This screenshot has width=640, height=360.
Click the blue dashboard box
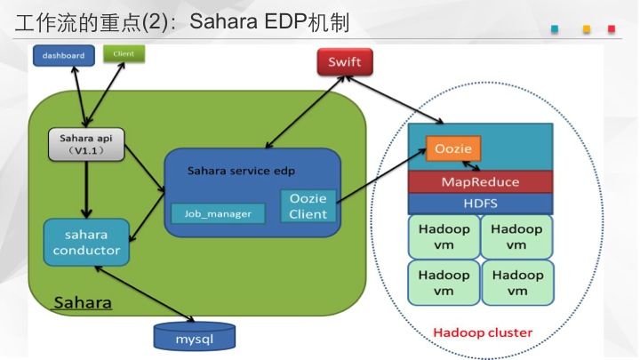pyautogui.click(x=64, y=55)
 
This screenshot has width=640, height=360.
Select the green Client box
pyautogui.click(x=124, y=54)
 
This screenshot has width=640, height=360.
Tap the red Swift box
pyautogui.click(x=345, y=61)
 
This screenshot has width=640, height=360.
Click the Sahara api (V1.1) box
pyautogui.click(x=86, y=145)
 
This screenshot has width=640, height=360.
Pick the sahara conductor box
pyautogui.click(x=86, y=243)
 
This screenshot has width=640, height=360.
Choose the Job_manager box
pyautogui.click(x=218, y=213)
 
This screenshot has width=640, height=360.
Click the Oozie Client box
pyautogui.click(x=308, y=206)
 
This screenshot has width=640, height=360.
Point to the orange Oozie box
pyautogui.click(x=453, y=148)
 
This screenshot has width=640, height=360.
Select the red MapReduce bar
pyautogui.click(x=480, y=181)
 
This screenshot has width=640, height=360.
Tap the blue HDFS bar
pyautogui.click(x=480, y=204)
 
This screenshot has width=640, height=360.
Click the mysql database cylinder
pyautogui.click(x=195, y=336)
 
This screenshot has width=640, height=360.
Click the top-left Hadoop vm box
pyautogui.click(x=444, y=236)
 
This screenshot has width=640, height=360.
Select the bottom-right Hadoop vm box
pyautogui.click(x=517, y=283)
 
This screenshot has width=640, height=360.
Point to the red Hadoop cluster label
pyautogui.click(x=483, y=332)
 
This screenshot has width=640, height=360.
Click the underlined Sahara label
pyautogui.click(x=83, y=303)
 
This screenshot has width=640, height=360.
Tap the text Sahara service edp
pyautogui.click(x=241, y=171)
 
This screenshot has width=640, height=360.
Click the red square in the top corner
pyautogui.click(x=612, y=29)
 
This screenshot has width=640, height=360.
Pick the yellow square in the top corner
pyautogui.click(x=587, y=29)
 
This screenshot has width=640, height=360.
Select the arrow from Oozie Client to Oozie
pyautogui.click(x=381, y=175)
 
